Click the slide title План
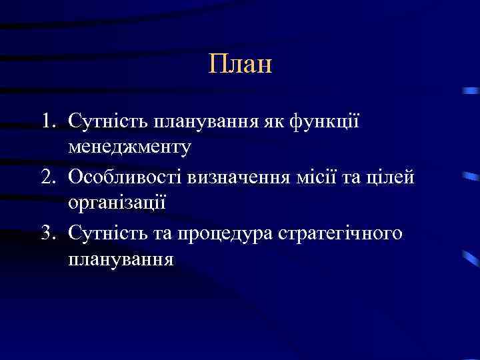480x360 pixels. pyautogui.click(x=240, y=65)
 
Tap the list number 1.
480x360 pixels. pyautogui.click(x=45, y=123)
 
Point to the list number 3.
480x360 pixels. pyautogui.click(x=45, y=233)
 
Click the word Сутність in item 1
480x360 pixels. pyautogui.click(x=107, y=123)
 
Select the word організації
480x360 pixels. pyautogui.click(x=117, y=203)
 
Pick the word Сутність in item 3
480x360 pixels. pyautogui.click(x=107, y=233)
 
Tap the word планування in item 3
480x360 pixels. pyautogui.click(x=121, y=259)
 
